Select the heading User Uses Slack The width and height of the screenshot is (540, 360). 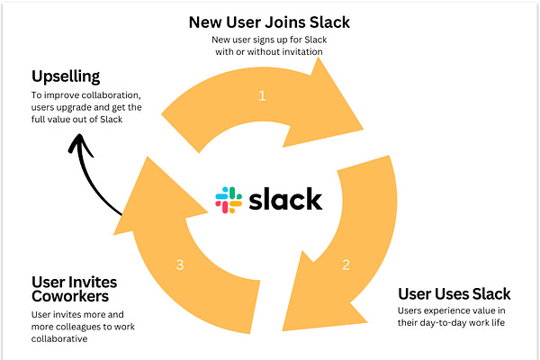[x=454, y=293]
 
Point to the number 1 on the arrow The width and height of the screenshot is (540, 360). [x=262, y=94]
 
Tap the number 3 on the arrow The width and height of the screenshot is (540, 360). [x=180, y=265]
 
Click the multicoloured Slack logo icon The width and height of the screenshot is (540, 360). [x=228, y=200]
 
